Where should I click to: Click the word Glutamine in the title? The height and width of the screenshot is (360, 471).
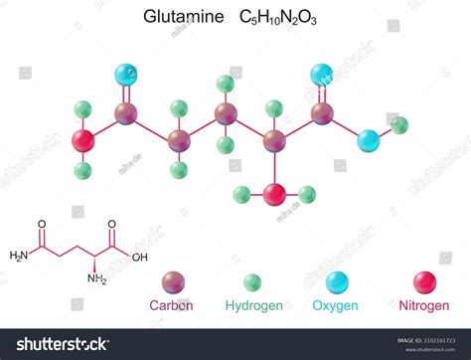pyautogui.click(x=185, y=18)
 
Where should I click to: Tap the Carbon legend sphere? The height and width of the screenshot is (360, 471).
pyautogui.click(x=171, y=281)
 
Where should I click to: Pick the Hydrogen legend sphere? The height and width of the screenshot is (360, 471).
pyautogui.click(x=253, y=281)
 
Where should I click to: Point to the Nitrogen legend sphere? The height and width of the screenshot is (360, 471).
pyautogui.click(x=426, y=281)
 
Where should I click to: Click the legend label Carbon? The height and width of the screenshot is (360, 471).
pyautogui.click(x=171, y=305)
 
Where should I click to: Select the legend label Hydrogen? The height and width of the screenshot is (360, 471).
pyautogui.click(x=253, y=305)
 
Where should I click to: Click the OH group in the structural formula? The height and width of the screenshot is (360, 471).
pyautogui.click(x=139, y=257)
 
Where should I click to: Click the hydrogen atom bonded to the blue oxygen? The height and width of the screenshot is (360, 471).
pyautogui.click(x=399, y=125)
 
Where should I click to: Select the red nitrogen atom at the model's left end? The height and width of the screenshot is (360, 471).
pyautogui.click(x=83, y=140)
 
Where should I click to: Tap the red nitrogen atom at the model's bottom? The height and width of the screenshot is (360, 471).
pyautogui.click(x=275, y=194)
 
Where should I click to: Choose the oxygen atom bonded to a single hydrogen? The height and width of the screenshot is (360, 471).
pyautogui.click(x=369, y=140)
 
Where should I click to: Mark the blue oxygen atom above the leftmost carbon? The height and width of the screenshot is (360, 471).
pyautogui.click(x=126, y=74)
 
